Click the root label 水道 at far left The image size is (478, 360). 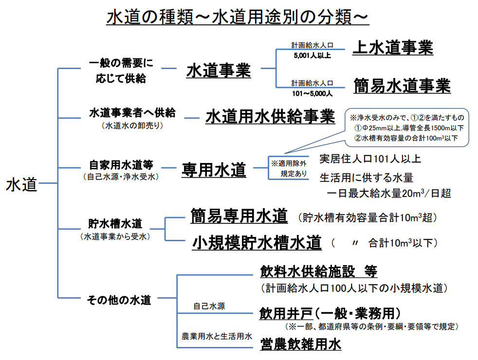21,184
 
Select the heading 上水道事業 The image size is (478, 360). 393,48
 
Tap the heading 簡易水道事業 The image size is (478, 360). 402,86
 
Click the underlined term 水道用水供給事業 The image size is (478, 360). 270,116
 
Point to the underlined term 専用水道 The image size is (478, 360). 214,169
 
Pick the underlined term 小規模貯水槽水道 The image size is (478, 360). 257,242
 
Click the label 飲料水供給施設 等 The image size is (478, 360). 318,271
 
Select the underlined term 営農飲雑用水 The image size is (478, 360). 301,344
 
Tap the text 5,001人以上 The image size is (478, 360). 312,55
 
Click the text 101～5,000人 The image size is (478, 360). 312,93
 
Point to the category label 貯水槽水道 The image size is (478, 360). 115,224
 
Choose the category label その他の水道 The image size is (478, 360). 119,300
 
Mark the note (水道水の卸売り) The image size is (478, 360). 132,126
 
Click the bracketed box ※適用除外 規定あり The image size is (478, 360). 289,168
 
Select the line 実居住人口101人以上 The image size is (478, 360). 370,159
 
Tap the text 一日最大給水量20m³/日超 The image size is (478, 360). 388,194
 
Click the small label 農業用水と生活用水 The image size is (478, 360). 217,336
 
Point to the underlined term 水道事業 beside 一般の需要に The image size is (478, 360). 219,71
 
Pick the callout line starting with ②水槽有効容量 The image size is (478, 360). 406,138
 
